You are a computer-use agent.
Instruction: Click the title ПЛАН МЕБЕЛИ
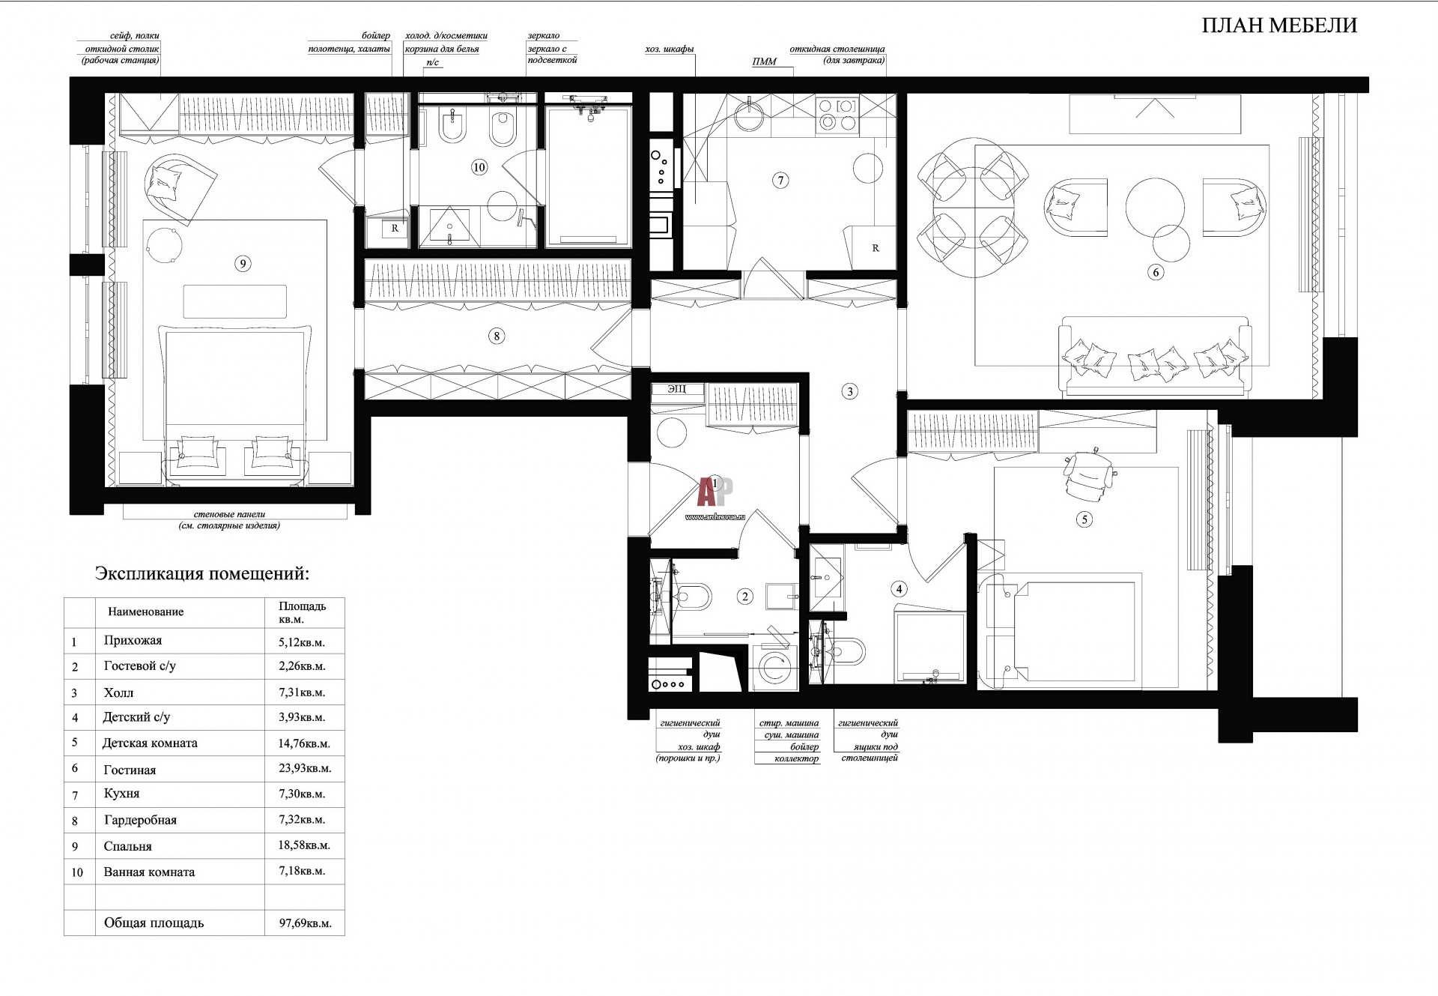click(1279, 25)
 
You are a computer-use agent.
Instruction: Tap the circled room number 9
click(241, 263)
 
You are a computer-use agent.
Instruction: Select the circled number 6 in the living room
click(1156, 272)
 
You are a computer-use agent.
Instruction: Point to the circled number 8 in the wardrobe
click(497, 336)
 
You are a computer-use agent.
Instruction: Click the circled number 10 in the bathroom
click(479, 167)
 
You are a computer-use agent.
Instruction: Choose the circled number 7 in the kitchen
click(780, 180)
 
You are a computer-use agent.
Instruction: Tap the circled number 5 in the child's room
click(1083, 519)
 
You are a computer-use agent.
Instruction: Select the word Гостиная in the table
click(130, 770)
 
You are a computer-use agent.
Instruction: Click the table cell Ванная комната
click(149, 872)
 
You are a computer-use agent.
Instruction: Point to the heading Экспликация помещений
click(201, 574)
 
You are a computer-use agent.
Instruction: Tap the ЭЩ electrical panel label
click(676, 389)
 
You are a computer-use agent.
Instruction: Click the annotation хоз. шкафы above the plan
click(669, 49)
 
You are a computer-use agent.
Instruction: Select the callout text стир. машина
click(789, 723)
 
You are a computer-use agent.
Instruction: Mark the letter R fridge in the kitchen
click(875, 248)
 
